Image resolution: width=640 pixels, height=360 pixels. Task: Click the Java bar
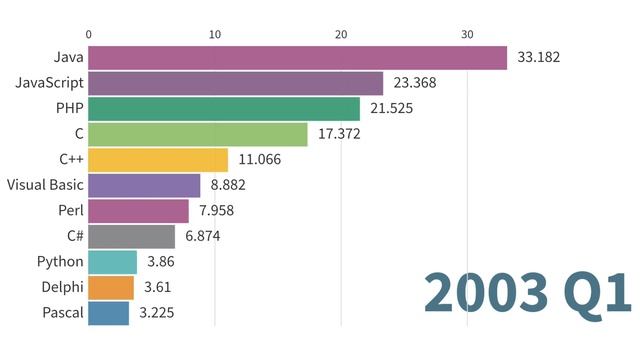(x=297, y=58)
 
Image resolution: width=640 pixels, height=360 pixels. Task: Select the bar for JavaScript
(x=235, y=83)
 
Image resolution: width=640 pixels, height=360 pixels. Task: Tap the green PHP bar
(x=224, y=109)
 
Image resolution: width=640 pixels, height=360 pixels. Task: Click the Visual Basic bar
(x=144, y=185)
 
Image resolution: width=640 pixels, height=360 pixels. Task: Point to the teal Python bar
(x=112, y=262)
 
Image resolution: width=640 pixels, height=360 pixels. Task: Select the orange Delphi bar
(x=110, y=288)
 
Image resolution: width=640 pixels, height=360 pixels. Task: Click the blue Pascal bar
(x=108, y=313)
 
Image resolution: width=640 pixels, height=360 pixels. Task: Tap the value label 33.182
(x=538, y=58)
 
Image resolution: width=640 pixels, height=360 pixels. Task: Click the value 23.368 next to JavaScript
(x=414, y=83)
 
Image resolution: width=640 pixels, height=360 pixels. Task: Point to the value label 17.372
(x=339, y=134)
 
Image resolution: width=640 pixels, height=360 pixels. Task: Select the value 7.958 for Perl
(x=217, y=211)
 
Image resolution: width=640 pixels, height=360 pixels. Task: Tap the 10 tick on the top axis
(x=215, y=34)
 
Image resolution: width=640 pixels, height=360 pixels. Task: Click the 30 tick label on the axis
(x=467, y=34)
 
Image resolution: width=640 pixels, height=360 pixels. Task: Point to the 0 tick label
(x=89, y=34)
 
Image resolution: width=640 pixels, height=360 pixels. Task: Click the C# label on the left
(x=72, y=237)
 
